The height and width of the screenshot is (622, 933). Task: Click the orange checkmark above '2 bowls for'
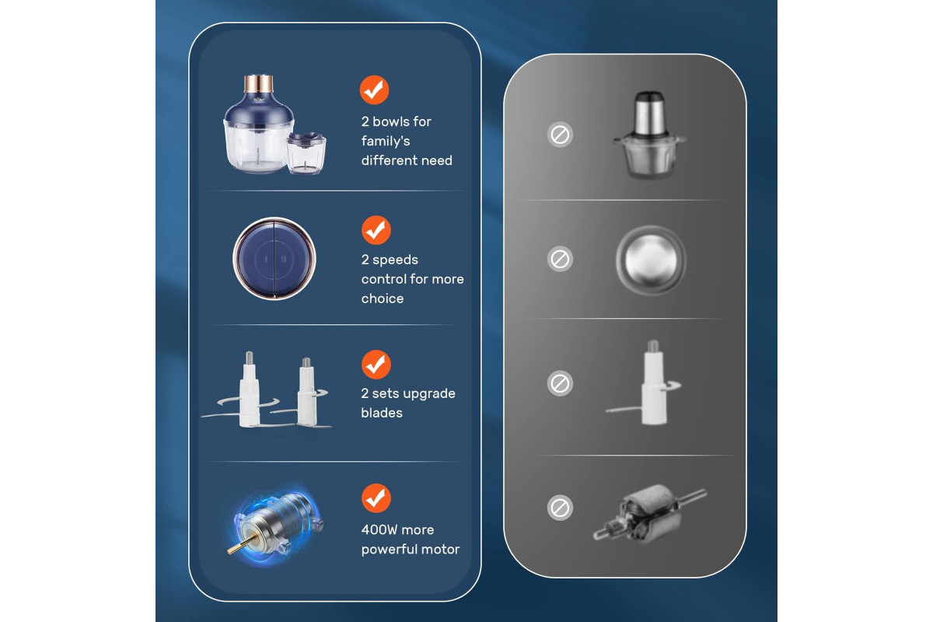374,89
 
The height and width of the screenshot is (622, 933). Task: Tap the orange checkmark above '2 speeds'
376,230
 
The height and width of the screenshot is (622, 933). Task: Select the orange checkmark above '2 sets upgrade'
376,365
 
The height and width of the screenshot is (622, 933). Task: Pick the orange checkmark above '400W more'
376,498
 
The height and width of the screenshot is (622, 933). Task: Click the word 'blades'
382,413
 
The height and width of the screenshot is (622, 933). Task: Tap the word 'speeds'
395,260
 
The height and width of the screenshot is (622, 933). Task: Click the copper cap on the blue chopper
259,84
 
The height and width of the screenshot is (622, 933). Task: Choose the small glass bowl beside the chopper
306,153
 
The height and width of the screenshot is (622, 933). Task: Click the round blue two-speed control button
274,259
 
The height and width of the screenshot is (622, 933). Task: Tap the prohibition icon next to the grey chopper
560,135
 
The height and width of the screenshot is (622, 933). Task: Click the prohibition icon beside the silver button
560,259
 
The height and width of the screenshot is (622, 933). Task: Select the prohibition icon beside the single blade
560,383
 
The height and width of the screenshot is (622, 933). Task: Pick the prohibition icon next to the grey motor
560,508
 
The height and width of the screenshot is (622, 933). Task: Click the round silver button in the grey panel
651,260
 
